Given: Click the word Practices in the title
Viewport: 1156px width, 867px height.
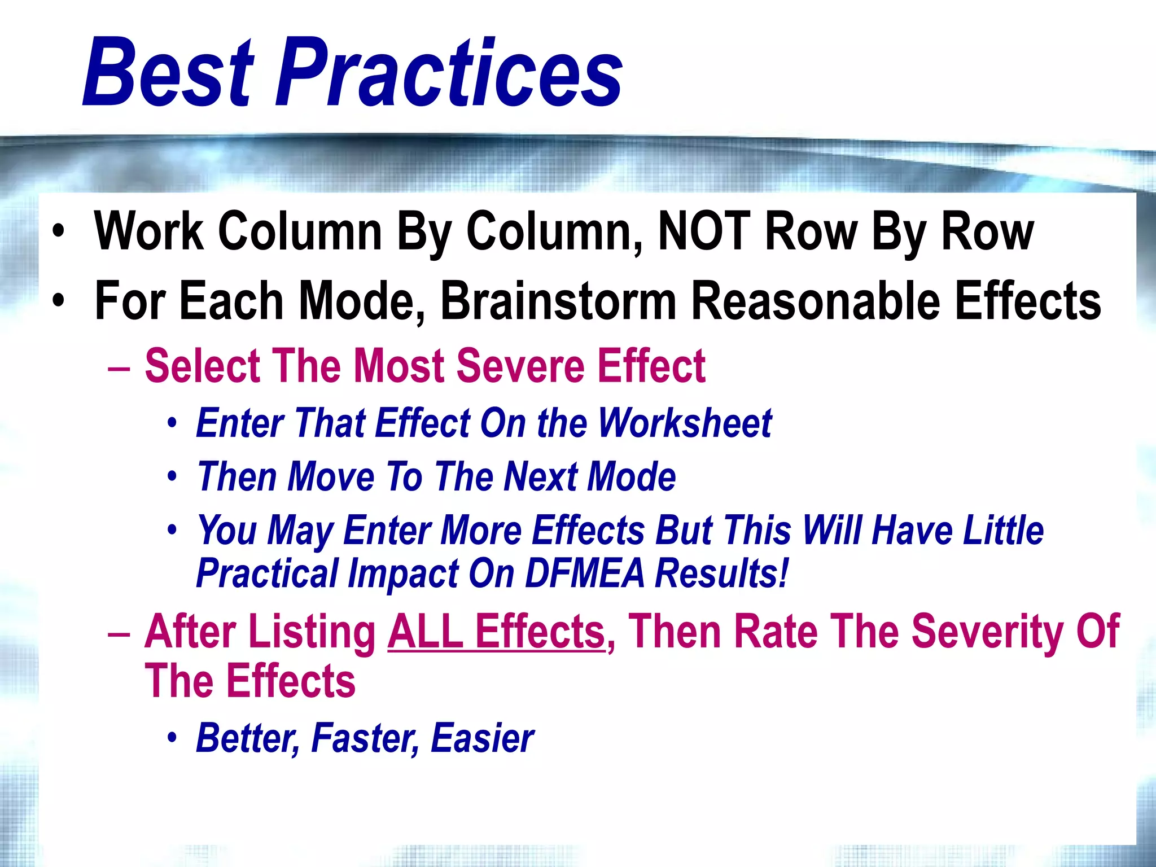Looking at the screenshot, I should click(x=449, y=72).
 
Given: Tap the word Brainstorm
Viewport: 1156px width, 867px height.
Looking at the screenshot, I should click(x=558, y=301).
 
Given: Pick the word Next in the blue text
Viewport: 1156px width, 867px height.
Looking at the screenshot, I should click(x=540, y=476).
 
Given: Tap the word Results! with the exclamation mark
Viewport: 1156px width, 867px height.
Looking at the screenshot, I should click(x=721, y=573).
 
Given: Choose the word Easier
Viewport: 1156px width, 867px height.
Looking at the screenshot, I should click(x=482, y=738).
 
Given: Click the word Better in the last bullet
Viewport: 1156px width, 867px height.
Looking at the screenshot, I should click(x=247, y=738).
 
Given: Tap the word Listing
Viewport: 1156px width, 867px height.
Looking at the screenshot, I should click(x=312, y=632).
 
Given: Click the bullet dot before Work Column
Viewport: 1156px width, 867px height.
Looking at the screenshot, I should click(x=58, y=232).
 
